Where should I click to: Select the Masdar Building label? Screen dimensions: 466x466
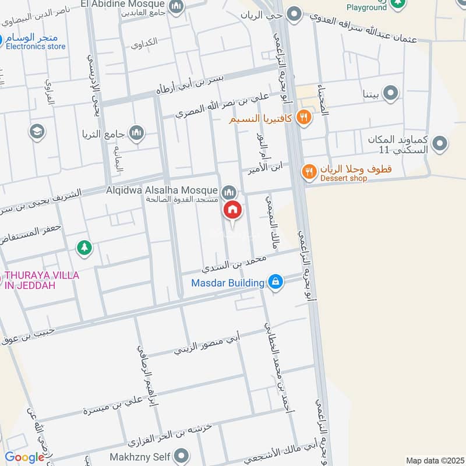pos(228,283)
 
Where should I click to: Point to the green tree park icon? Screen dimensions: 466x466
pos(84,248)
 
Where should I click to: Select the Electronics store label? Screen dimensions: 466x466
pos(36,47)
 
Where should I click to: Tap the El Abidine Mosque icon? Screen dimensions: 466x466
pos(176,6)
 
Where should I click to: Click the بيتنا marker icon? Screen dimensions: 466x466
pos(391,93)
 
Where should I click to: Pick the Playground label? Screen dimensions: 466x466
pos(366,8)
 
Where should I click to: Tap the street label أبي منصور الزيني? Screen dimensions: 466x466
pos(207,344)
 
